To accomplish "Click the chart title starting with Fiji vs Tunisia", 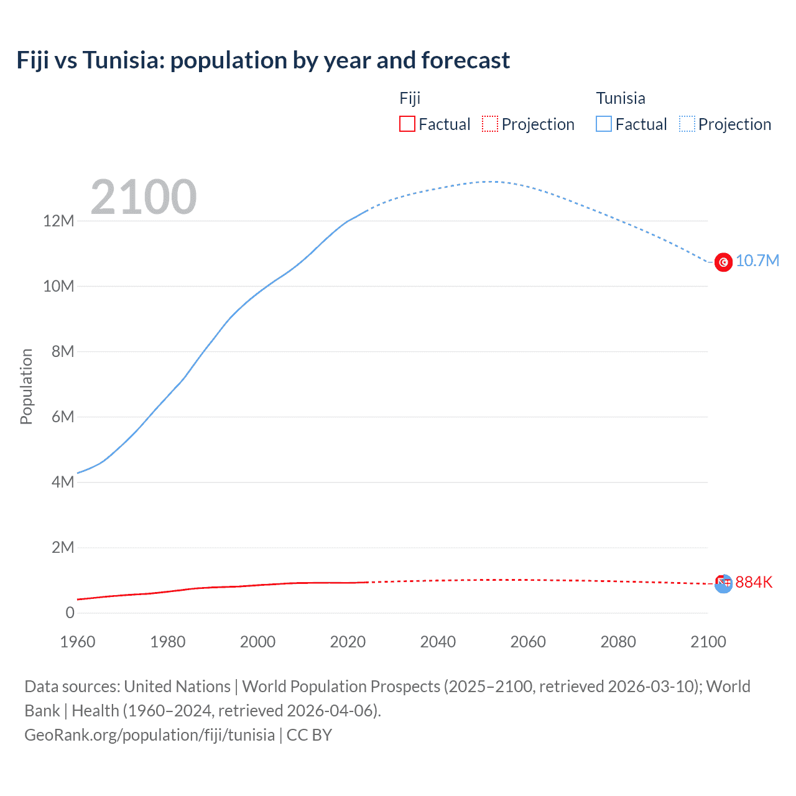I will (263, 60).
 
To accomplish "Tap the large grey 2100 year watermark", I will (144, 197).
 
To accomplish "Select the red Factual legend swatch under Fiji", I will (407, 124).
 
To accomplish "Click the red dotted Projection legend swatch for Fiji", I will (490, 124).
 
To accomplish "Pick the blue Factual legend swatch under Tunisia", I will (604, 124).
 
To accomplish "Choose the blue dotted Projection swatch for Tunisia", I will (687, 124).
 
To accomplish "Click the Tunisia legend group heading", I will (621, 98).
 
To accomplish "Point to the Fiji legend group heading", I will (410, 98).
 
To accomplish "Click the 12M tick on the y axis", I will (58, 221).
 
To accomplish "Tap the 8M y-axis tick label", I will (63, 351).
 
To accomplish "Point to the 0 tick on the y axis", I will (70, 613).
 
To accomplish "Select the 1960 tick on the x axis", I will (78, 642).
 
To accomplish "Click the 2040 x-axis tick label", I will (438, 642).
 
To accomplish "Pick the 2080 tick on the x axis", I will (618, 642).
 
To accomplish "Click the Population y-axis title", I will (26, 386).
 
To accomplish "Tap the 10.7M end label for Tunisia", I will (757, 261).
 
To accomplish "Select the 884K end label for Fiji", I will (754, 582).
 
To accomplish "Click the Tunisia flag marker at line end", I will (723, 262).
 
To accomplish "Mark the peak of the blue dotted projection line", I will (491, 182).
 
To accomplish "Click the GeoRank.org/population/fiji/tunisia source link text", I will (149, 735).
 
